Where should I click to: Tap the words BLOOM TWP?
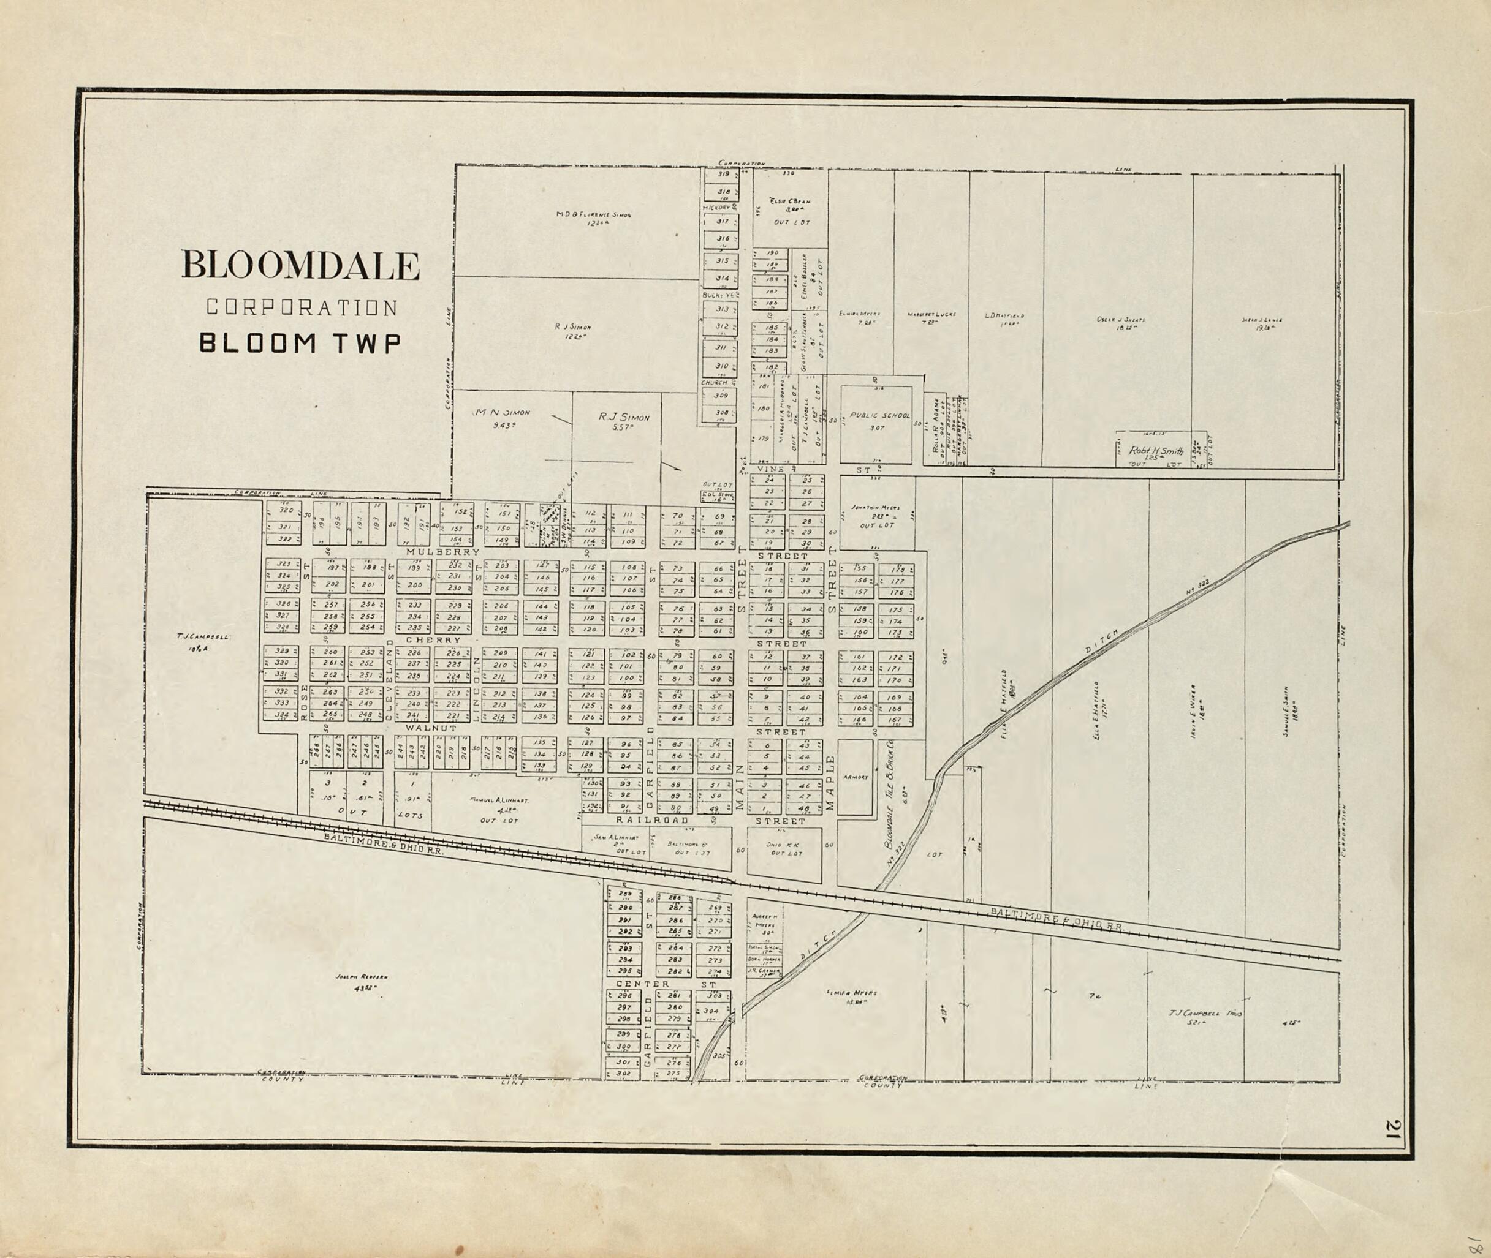(x=299, y=343)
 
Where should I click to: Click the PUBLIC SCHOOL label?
(x=879, y=415)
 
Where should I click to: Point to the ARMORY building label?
(x=855, y=777)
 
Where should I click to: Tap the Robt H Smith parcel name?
(x=1156, y=451)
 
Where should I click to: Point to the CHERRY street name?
(x=434, y=641)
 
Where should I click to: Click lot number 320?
(x=286, y=510)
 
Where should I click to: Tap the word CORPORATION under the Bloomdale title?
(x=302, y=307)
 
